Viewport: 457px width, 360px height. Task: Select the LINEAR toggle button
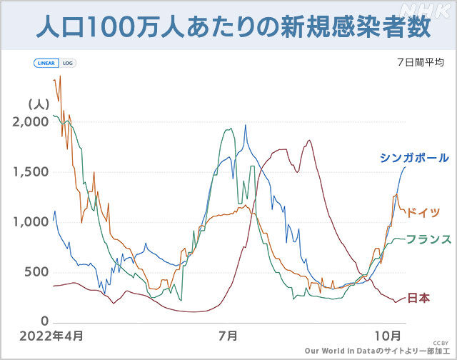tap(46, 63)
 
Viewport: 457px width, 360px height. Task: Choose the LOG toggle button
tap(68, 63)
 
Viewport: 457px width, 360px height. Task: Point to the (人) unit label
tap(38, 104)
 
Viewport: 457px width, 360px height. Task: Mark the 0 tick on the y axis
tap(44, 322)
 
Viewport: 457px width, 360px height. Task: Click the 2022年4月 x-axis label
tap(51, 336)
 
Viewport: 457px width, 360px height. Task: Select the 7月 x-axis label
tap(228, 336)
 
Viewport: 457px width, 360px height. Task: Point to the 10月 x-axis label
tap(388, 336)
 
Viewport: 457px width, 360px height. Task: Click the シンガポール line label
tap(415, 158)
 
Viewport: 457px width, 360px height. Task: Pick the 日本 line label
tap(418, 299)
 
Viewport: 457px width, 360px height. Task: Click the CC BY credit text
tap(440, 343)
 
